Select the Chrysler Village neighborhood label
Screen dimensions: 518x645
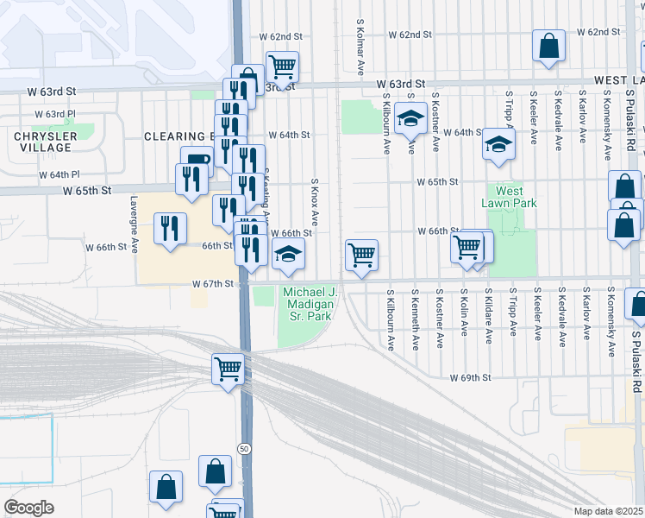click(x=41, y=142)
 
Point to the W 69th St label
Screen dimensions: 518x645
click(x=470, y=378)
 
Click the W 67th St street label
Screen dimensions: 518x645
click(x=213, y=283)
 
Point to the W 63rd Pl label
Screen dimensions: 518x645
click(x=55, y=114)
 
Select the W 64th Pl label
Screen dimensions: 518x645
click(x=59, y=174)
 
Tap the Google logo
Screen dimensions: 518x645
click(x=28, y=508)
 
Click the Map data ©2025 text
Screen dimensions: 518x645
click(x=609, y=511)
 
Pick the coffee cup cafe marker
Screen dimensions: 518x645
click(x=196, y=160)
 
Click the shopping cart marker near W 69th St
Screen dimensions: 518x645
click(x=228, y=368)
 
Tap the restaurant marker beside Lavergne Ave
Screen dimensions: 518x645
click(x=169, y=227)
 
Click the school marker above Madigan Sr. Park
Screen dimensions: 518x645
click(x=288, y=254)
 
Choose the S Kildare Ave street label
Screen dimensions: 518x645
click(x=488, y=319)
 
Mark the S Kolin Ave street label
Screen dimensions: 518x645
click(x=464, y=319)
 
